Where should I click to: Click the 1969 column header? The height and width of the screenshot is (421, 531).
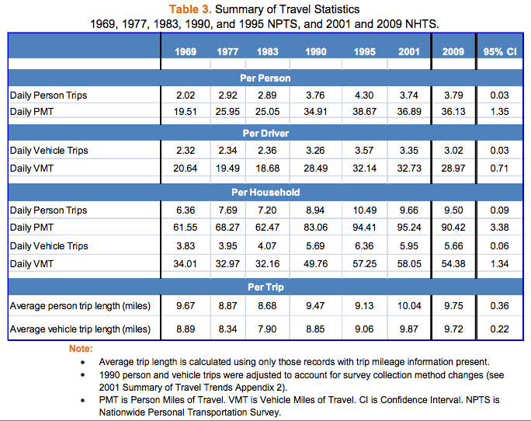coord(186,52)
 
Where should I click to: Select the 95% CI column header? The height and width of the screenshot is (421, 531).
coord(498,52)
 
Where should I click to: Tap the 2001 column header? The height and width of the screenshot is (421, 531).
coord(410,52)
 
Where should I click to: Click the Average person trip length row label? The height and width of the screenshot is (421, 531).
coord(80,307)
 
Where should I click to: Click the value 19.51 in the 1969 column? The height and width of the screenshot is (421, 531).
coord(186,111)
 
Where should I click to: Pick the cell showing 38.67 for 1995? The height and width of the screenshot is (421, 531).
coord(364,111)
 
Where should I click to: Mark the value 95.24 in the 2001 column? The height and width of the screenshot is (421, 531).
coord(410,228)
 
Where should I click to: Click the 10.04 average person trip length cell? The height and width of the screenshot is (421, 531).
coord(410,307)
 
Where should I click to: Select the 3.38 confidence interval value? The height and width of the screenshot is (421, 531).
coord(498,228)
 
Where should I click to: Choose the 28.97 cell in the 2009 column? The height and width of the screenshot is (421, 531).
coord(453,168)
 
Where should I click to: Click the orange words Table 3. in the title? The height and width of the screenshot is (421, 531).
coord(204,9)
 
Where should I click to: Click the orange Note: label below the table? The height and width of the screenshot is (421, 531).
coord(81,348)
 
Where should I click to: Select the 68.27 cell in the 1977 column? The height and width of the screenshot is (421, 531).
coord(227,228)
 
